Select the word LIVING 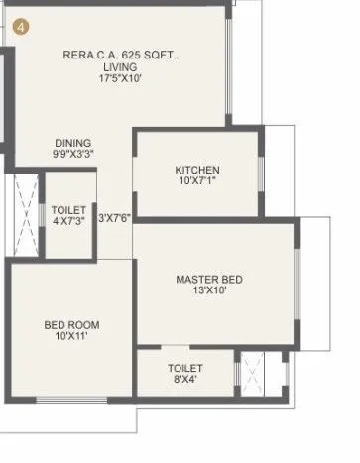(119, 67)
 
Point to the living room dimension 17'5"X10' (119, 80)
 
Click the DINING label (73, 142)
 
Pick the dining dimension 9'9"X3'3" (73, 155)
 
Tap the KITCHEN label (197, 170)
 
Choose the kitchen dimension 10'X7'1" (197, 182)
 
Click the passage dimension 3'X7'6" (115, 217)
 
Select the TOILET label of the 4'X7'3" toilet (69, 210)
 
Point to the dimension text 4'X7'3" (69, 223)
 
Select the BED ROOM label (70, 324)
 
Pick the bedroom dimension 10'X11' (70, 337)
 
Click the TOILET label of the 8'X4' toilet (184, 368)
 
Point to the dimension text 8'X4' (184, 381)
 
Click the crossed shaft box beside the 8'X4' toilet (255, 374)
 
